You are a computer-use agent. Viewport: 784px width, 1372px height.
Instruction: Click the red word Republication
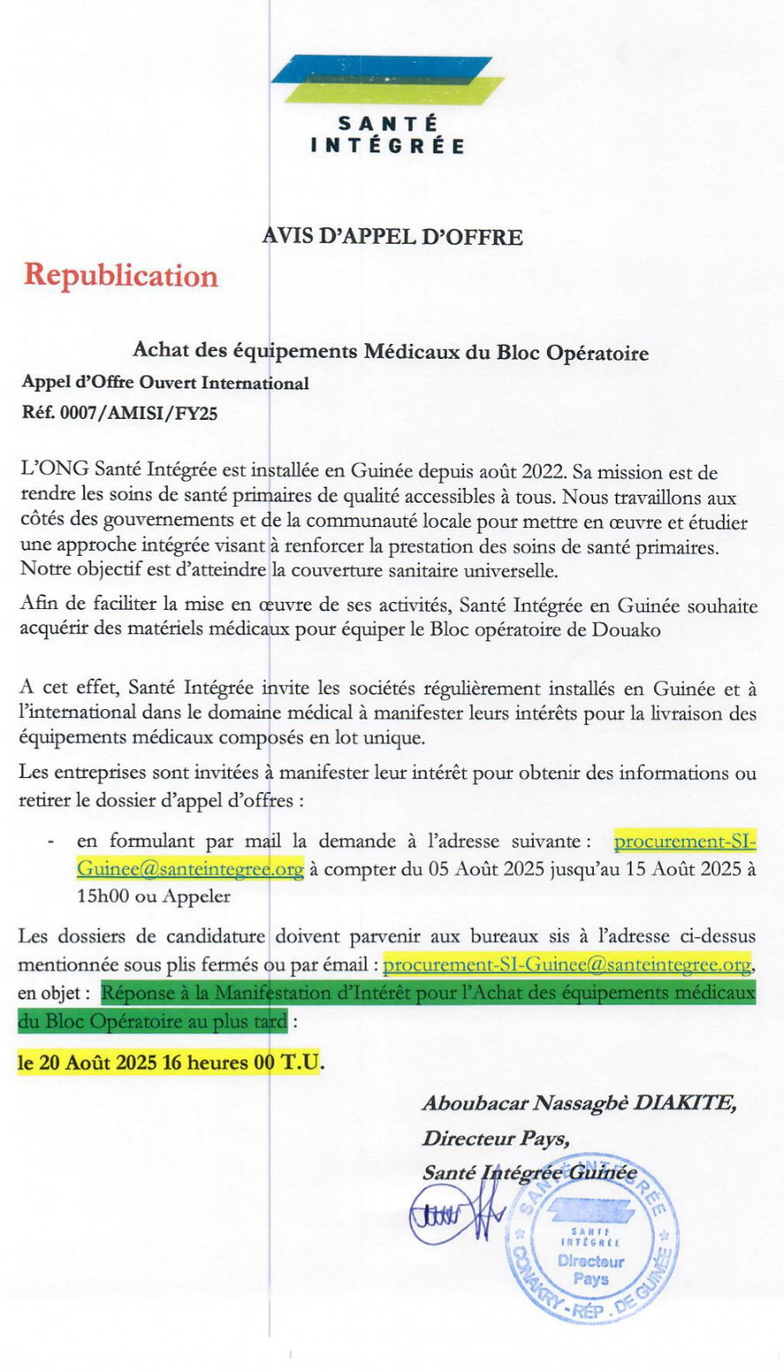(x=120, y=276)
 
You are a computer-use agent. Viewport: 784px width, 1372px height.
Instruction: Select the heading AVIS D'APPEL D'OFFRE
(x=393, y=237)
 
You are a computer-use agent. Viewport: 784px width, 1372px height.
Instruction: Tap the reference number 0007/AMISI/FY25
(x=139, y=414)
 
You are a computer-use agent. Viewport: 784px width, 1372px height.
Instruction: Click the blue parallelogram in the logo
(x=383, y=69)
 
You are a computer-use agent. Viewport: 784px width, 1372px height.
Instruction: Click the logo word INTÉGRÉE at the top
(x=388, y=146)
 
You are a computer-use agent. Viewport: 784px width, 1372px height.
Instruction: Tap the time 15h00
(x=105, y=896)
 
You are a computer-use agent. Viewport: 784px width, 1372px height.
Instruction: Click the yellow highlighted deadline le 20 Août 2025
(x=87, y=1064)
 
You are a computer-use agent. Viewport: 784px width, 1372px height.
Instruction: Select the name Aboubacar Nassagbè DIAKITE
(x=579, y=1104)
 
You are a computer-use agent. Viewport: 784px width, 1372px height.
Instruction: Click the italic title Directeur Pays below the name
(x=496, y=1139)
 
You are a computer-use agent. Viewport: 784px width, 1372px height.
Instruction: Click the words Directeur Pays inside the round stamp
(x=591, y=1270)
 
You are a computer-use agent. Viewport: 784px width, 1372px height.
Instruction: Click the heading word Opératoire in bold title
(x=597, y=353)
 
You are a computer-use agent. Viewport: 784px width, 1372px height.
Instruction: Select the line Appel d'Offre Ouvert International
(x=166, y=383)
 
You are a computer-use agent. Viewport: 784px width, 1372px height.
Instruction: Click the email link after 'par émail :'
(x=566, y=965)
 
